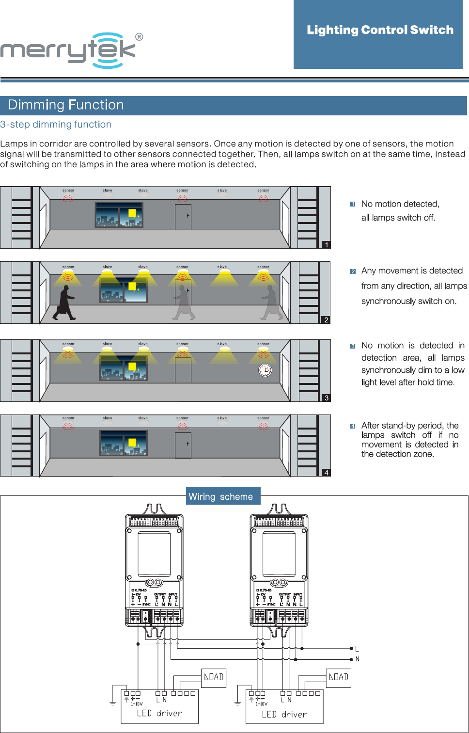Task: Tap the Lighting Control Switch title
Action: [380, 30]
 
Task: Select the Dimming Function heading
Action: [66, 105]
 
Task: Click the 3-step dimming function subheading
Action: [56, 125]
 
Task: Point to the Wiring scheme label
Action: [221, 496]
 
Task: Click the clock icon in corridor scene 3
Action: [265, 370]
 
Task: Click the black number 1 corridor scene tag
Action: [327, 245]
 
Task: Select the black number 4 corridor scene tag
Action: [327, 473]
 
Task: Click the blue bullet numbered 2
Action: [353, 271]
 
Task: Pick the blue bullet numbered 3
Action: [353, 346]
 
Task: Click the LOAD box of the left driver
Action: [214, 677]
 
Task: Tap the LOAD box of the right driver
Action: [339, 677]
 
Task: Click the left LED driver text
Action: [159, 713]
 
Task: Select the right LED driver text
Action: [284, 714]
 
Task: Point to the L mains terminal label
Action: [357, 649]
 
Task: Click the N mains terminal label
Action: [358, 659]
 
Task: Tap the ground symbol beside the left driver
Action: [112, 703]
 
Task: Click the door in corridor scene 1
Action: [183, 217]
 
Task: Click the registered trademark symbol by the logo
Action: [139, 37]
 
